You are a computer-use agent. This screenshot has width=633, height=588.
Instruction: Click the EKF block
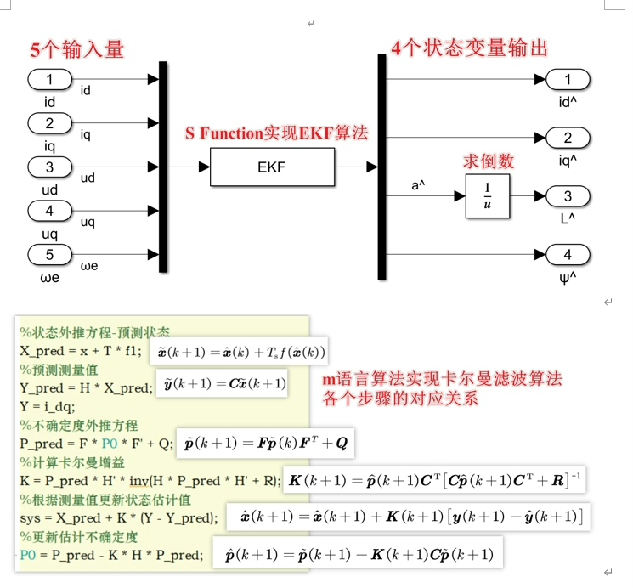[271, 167]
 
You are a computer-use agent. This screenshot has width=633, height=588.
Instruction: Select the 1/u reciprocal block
[486, 197]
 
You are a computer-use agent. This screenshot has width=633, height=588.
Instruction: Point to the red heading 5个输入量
[77, 49]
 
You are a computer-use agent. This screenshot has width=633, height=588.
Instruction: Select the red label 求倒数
[488, 161]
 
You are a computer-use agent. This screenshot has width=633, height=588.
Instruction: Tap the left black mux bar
[163, 167]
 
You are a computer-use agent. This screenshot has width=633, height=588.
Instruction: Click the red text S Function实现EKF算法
[277, 133]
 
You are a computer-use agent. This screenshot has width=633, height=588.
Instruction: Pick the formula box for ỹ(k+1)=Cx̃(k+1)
[223, 384]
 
